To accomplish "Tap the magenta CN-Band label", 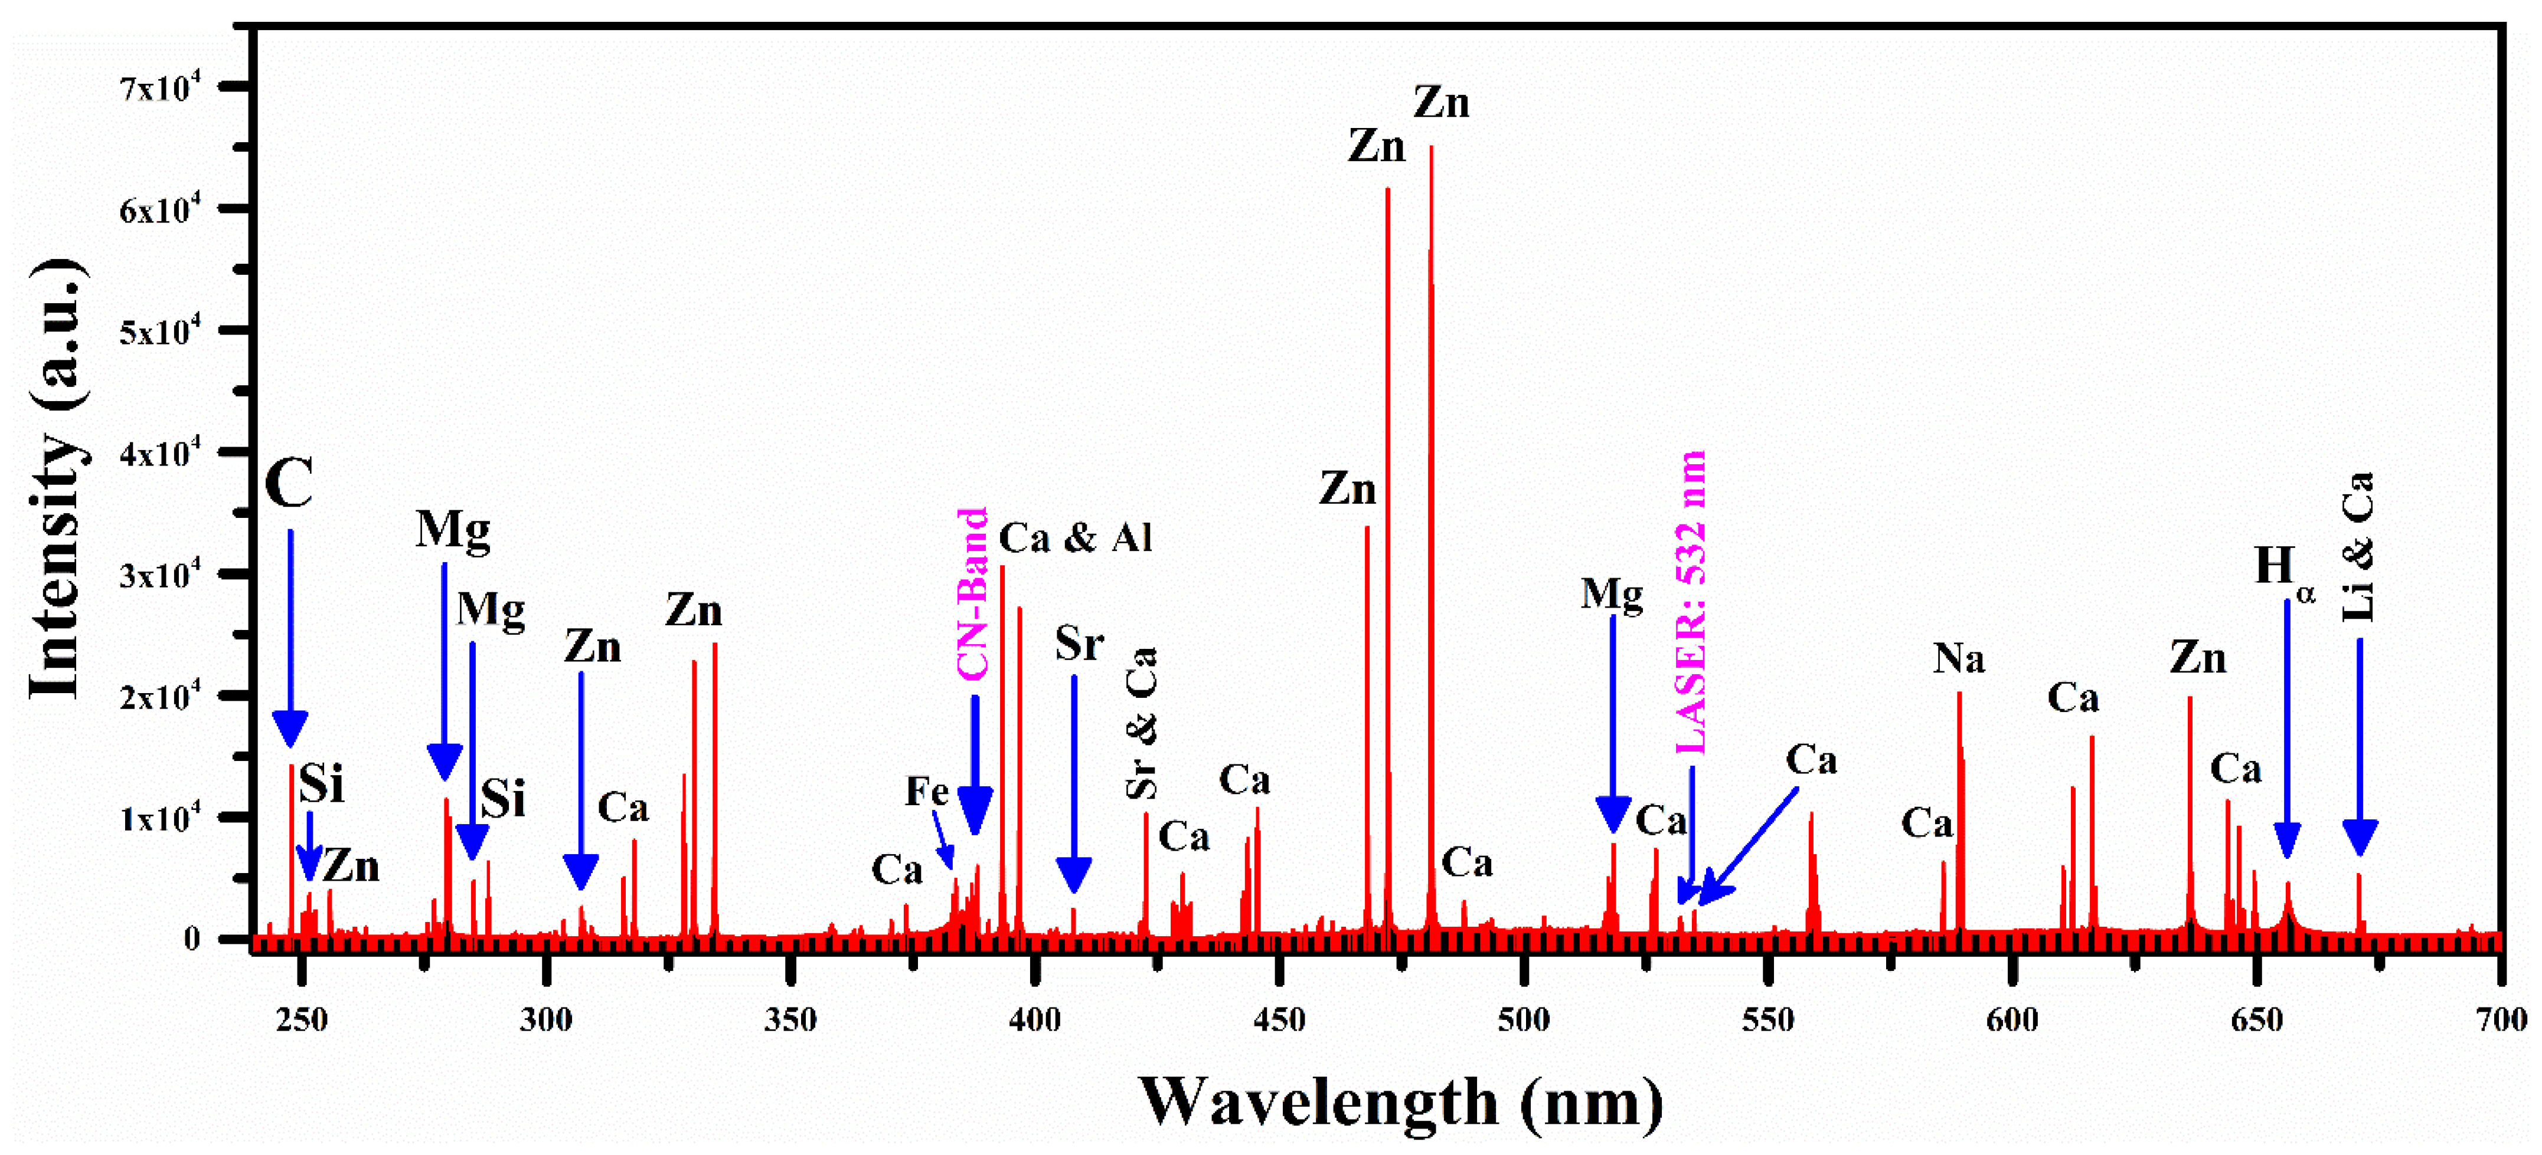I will [x=973, y=594].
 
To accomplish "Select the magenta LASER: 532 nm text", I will [x=1691, y=602].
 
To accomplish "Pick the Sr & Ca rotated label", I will [x=1142, y=723].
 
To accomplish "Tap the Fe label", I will [x=927, y=791].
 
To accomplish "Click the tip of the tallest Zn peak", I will [x=1431, y=148].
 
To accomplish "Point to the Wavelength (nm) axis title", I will [x=1401, y=1102].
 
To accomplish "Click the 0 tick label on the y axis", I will [x=191, y=939].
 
